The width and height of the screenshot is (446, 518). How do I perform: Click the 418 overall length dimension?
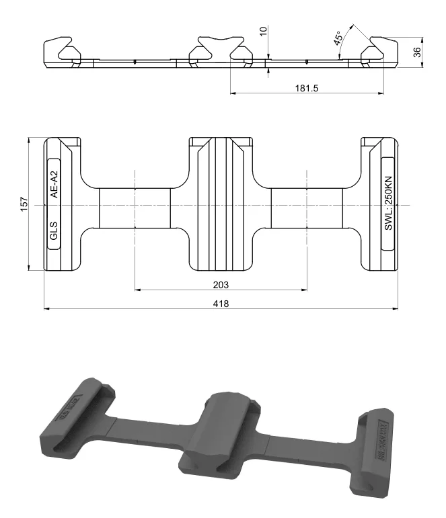click(x=221, y=304)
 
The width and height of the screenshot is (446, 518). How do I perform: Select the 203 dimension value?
click(x=221, y=284)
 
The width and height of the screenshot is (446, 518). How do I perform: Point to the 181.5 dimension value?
click(x=306, y=89)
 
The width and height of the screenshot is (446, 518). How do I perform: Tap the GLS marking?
click(x=54, y=232)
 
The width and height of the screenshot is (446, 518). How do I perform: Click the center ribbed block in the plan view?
click(x=221, y=204)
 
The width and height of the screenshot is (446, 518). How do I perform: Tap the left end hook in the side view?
click(x=62, y=52)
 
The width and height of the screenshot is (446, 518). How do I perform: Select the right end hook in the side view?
click(x=379, y=52)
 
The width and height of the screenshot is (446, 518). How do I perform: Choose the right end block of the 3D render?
click(x=380, y=443)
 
